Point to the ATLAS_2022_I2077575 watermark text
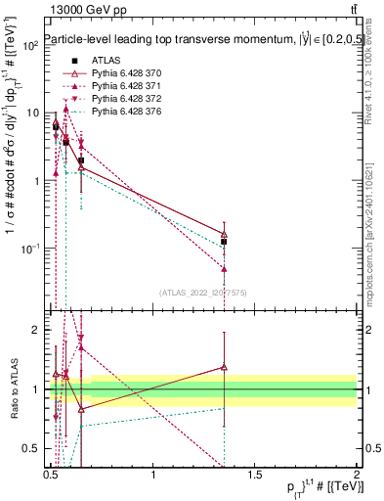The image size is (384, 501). coord(202,293)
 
